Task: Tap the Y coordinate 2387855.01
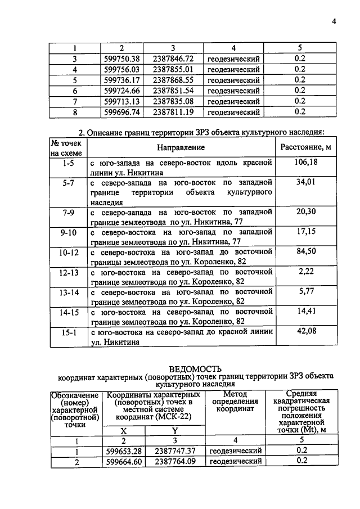click(x=173, y=69)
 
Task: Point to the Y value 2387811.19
click(x=173, y=112)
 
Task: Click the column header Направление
click(x=181, y=147)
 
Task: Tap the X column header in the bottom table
click(x=124, y=430)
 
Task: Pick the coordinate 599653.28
click(x=124, y=451)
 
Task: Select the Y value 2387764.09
click(x=175, y=461)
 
